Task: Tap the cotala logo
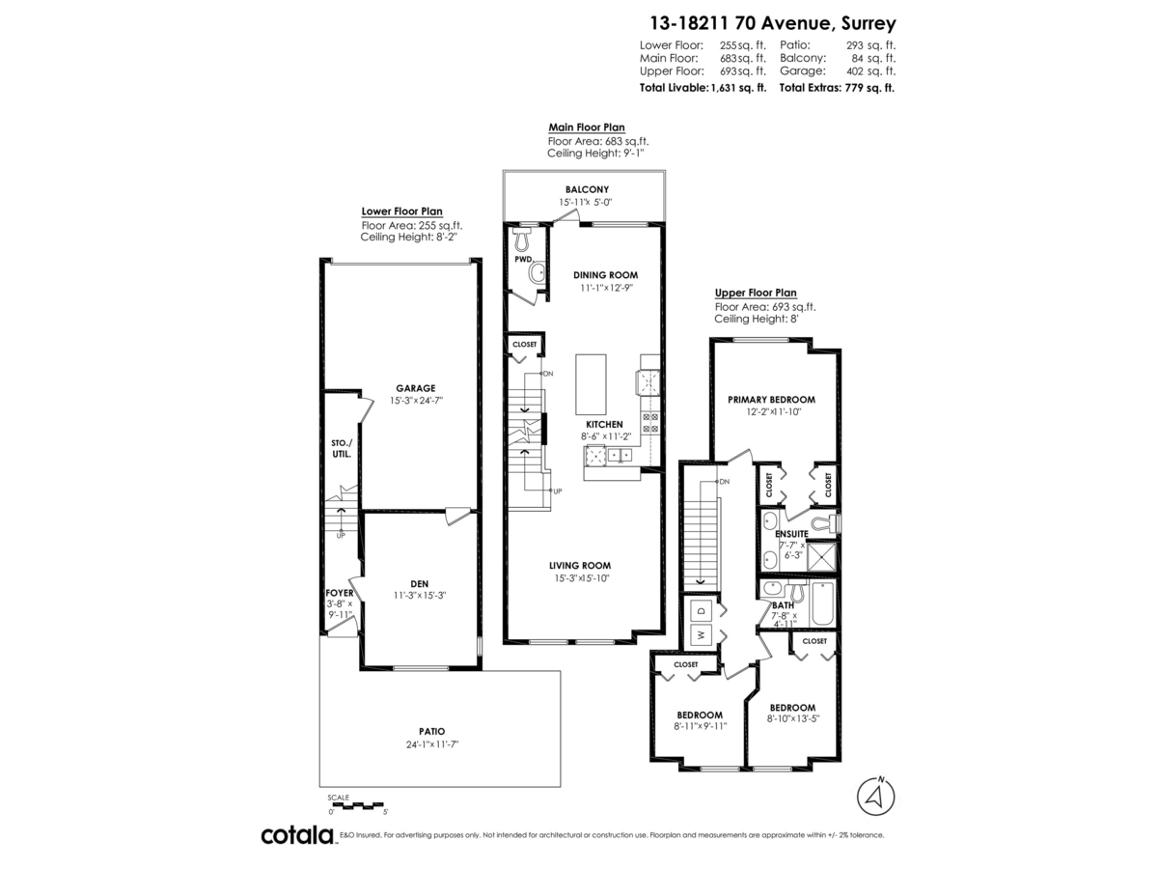(297, 835)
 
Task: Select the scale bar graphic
(356, 804)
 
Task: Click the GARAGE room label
(415, 388)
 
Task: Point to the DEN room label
(420, 583)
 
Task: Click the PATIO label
(432, 731)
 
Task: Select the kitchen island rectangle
(591, 383)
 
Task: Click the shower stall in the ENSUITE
(822, 558)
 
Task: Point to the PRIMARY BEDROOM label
(771, 399)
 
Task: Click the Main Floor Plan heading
(586, 126)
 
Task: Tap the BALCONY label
(586, 189)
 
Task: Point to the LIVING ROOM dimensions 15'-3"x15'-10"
(580, 578)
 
